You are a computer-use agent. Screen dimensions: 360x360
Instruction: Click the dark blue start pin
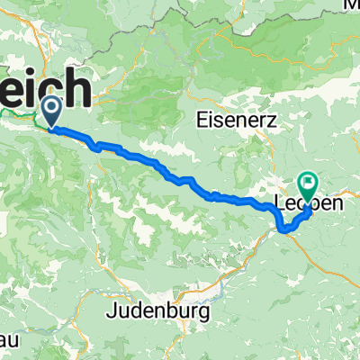[50, 112]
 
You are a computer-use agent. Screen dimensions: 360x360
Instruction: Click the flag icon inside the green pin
[308, 184]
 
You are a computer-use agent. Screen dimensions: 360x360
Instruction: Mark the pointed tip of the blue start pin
[50, 127]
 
